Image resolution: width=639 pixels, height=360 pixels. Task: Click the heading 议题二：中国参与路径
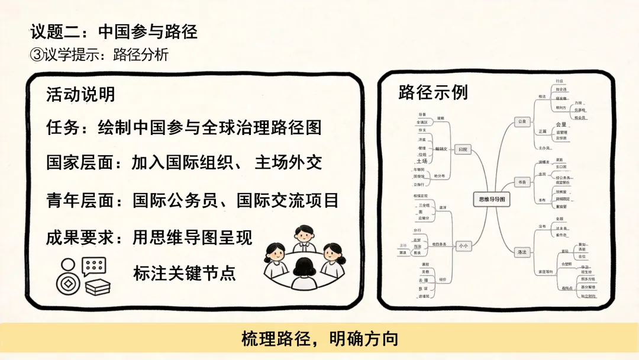114,31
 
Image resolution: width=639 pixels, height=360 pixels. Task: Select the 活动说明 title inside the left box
80,95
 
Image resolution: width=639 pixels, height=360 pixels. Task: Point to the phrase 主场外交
288,162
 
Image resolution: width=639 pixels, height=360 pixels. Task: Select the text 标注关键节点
185,273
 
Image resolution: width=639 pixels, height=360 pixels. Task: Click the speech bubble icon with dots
93,266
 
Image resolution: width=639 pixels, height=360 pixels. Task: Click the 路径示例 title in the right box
433,93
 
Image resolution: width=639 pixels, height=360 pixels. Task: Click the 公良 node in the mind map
521,121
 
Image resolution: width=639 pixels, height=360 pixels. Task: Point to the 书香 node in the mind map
521,182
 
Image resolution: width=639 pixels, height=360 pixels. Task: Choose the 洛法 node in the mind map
521,252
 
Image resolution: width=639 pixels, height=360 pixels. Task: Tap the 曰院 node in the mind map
463,150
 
